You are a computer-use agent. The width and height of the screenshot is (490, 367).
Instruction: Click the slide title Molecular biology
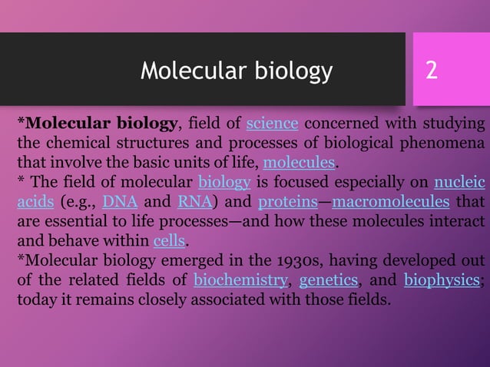237,71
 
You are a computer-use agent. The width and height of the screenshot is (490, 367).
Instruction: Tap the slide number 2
432,71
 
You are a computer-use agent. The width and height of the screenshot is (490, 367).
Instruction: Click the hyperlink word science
272,124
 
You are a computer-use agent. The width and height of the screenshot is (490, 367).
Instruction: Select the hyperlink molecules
299,163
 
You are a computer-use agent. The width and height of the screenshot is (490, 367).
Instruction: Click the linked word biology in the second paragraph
224,183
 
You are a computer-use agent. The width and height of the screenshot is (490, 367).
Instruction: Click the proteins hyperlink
288,203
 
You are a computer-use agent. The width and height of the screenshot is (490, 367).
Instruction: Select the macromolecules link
390,203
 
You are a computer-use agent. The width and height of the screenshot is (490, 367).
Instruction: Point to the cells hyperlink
168,241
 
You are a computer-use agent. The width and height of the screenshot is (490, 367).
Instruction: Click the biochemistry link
240,279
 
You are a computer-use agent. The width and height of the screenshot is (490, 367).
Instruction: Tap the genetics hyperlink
329,279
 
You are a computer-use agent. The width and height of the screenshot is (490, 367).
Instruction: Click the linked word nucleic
459,183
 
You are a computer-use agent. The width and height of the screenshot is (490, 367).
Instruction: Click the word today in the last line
35,299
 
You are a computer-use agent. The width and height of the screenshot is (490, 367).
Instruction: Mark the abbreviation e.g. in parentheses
80,203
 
